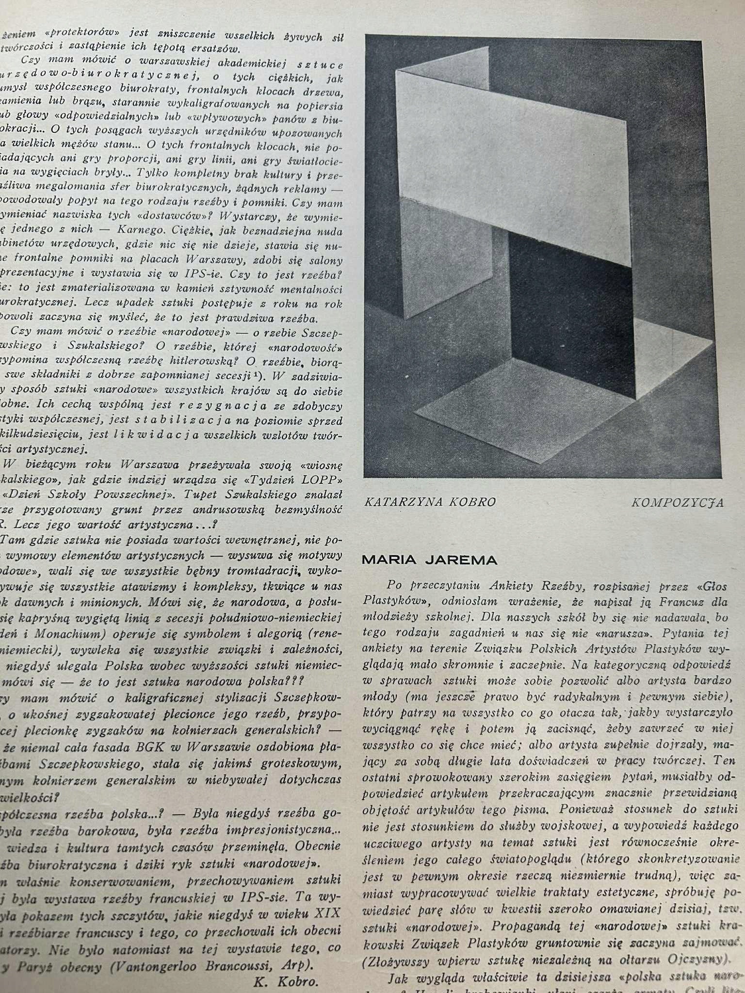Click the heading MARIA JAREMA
pyautogui.click(x=429, y=560)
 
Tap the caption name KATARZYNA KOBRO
pyautogui.click(x=430, y=502)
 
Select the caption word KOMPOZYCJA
pyautogui.click(x=677, y=503)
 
